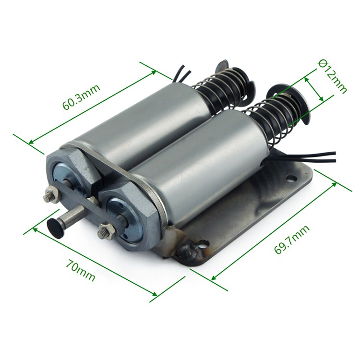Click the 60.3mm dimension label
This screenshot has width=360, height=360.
(82, 96)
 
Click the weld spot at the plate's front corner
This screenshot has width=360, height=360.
(185, 252)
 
